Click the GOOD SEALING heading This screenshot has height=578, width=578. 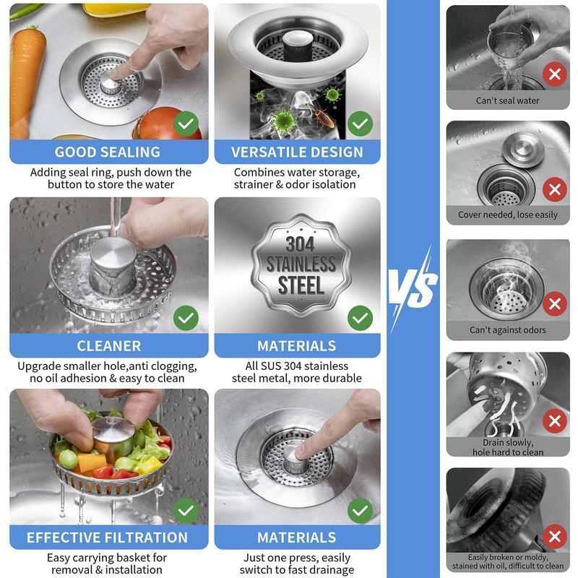tap(108, 152)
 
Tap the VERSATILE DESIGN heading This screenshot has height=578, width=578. tap(297, 152)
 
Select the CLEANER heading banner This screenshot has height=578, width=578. tap(108, 345)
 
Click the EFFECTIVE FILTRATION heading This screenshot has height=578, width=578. tap(108, 538)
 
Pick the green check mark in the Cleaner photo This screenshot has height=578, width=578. tap(186, 317)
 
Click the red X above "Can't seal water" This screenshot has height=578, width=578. tap(554, 74)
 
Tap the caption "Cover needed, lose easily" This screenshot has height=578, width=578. tap(508, 215)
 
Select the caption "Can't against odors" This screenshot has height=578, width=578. tap(508, 330)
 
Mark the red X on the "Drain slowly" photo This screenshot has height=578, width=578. tap(554, 420)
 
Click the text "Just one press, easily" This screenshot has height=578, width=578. tap(297, 558)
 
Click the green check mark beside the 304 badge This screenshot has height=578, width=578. tap(360, 317)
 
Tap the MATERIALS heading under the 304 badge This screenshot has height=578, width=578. tap(297, 345)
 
